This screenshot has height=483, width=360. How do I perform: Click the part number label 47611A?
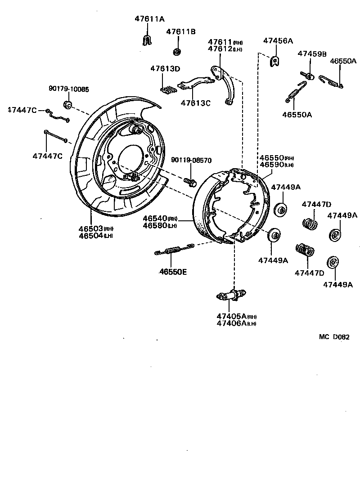point(149,19)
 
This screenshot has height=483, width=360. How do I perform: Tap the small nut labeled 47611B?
point(177,51)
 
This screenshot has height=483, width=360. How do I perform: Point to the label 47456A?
point(278,41)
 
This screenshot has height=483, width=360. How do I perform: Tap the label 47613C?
point(195,103)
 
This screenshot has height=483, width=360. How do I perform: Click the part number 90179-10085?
point(68,89)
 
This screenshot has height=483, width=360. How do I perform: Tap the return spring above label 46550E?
point(173,250)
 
